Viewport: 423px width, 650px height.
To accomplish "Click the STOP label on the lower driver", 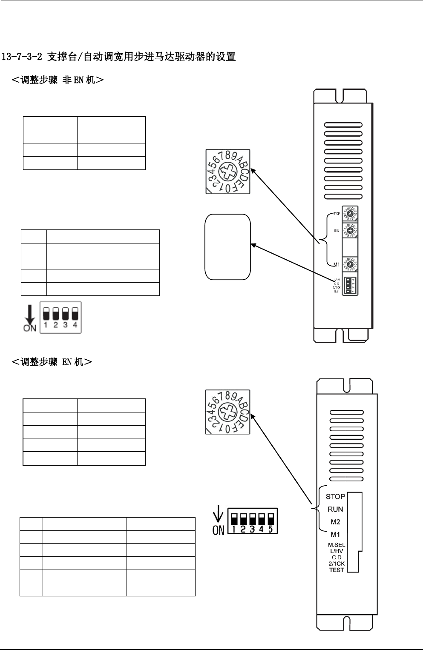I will [x=335, y=496].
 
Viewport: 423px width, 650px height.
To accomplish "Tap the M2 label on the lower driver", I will [x=335, y=521].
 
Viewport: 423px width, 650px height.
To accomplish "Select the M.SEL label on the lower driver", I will [x=337, y=545].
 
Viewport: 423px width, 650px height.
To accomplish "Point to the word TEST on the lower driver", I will [x=337, y=570].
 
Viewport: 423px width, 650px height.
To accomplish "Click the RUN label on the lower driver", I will [x=335, y=509].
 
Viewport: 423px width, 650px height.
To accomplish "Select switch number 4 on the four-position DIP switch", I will [x=75, y=314].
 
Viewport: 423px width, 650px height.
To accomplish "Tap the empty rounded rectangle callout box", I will [x=228, y=247].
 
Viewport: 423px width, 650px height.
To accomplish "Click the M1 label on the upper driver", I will [x=336, y=265].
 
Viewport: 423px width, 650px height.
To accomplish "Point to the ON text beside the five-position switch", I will [x=218, y=530].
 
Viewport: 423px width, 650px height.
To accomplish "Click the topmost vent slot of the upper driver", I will [x=343, y=125].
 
